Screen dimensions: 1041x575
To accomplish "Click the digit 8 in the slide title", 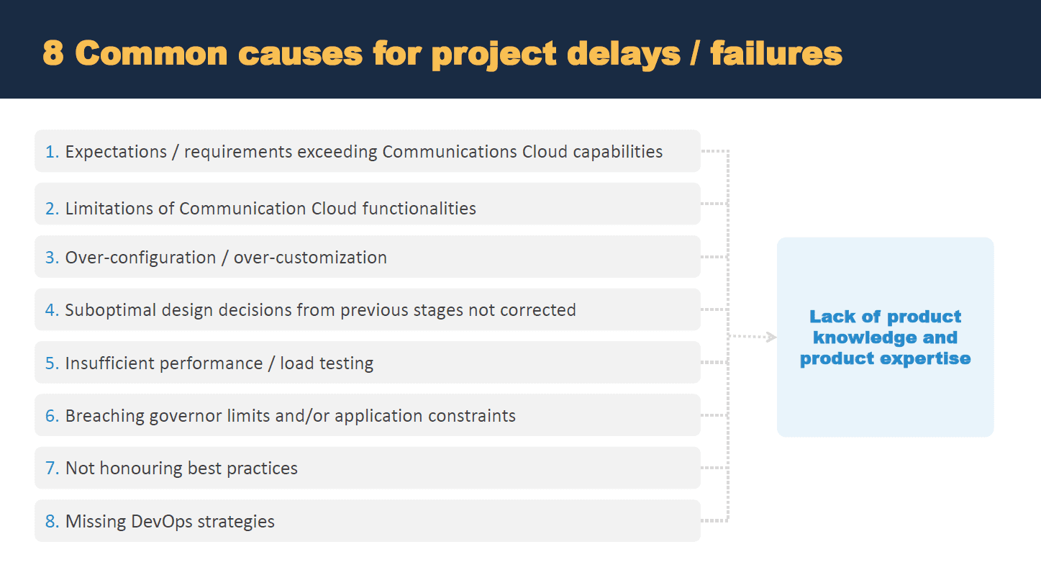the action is pyautogui.click(x=53, y=53).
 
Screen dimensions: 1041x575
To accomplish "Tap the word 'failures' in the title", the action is pyautogui.click(x=776, y=53).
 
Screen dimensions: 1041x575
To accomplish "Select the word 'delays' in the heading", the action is pyautogui.click(x=624, y=55).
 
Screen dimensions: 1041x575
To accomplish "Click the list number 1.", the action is pyautogui.click(x=52, y=152).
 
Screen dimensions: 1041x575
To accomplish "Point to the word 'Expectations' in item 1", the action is pyautogui.click(x=116, y=152).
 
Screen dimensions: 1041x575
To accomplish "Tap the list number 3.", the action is pyautogui.click(x=52, y=258).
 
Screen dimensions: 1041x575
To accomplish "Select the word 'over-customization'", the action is pyautogui.click(x=310, y=258).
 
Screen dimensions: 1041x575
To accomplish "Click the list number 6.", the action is pyautogui.click(x=52, y=415).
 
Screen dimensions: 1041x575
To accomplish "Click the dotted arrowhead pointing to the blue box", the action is pyautogui.click(x=771, y=337).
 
